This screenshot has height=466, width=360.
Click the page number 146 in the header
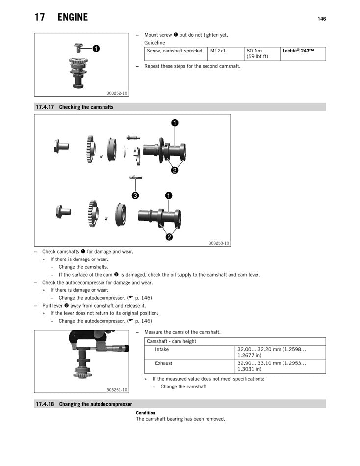[x=321, y=19]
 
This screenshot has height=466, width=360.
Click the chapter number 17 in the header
[x=40, y=17]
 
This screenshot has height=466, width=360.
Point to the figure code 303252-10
[x=117, y=93]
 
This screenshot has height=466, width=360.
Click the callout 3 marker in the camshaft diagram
[x=135, y=195]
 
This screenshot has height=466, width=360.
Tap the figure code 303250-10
[x=219, y=243]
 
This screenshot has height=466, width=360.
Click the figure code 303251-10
[x=117, y=390]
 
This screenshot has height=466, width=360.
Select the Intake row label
[x=162, y=349]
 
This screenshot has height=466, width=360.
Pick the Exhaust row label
[x=164, y=363]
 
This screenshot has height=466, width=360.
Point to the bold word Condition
[x=146, y=413]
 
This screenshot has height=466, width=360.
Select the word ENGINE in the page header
[x=73, y=17]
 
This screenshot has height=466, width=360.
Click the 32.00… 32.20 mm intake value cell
[x=271, y=352]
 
